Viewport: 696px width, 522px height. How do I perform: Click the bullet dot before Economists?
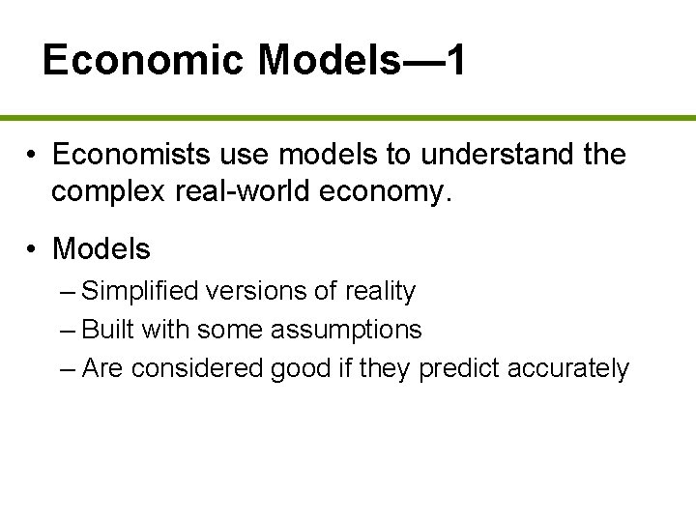(32, 156)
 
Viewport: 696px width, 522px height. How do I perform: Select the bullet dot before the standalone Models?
(32, 249)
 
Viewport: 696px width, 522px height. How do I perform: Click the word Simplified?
(142, 292)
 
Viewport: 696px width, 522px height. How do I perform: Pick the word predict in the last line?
(457, 368)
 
